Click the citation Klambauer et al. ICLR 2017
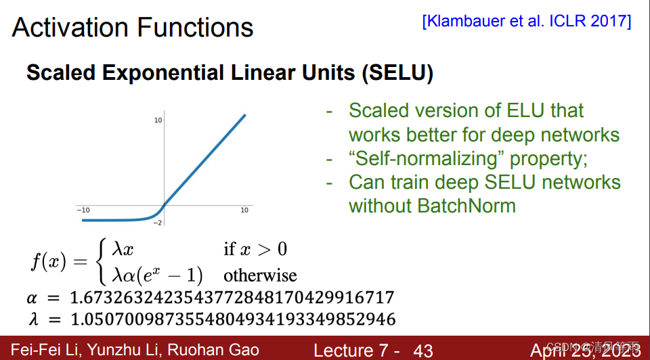click(x=527, y=21)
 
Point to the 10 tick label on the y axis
click(x=158, y=120)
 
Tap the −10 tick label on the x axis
click(x=83, y=210)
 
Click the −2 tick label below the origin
click(x=158, y=223)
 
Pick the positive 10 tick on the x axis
click(x=245, y=210)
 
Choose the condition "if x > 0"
click(x=255, y=250)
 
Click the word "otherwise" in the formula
click(x=260, y=276)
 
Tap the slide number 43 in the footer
click(x=422, y=351)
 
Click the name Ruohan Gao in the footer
click(x=214, y=350)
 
